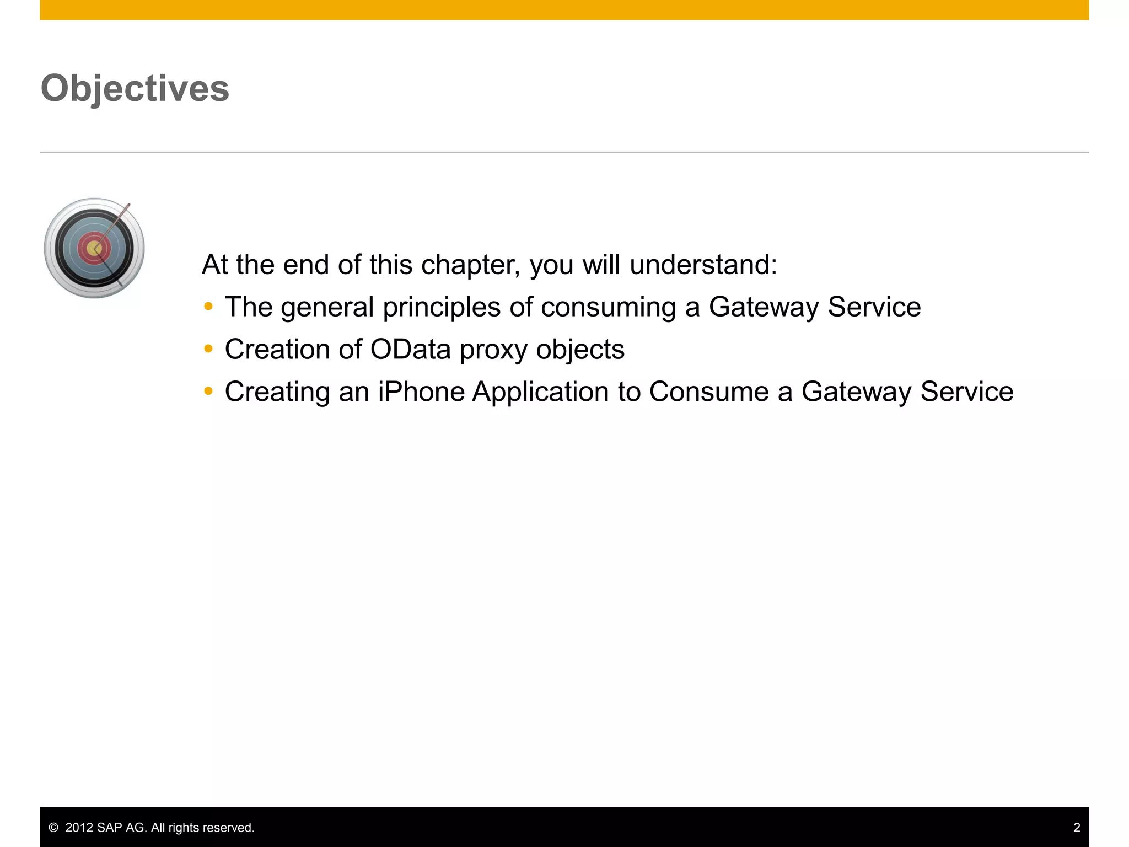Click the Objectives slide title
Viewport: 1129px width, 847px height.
(135, 88)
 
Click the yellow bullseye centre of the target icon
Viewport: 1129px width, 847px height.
(94, 249)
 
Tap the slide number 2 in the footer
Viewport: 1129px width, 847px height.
(1076, 827)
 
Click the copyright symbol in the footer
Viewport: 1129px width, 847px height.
(53, 828)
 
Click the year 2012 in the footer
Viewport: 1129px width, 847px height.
(79, 828)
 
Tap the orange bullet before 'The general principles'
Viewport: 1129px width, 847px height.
(208, 306)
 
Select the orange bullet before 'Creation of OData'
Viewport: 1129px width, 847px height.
(208, 349)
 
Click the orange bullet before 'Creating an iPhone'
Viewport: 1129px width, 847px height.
(208, 391)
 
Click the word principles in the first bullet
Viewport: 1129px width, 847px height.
(442, 307)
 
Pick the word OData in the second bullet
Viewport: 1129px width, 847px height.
(411, 349)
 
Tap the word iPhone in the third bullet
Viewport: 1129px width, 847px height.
(421, 392)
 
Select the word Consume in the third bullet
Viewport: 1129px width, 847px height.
(708, 392)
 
